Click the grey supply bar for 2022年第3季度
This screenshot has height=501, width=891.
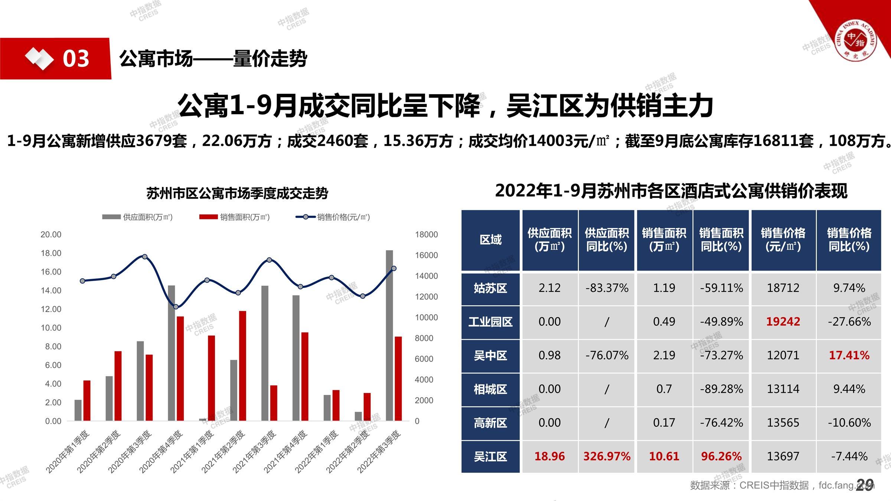pos(389,335)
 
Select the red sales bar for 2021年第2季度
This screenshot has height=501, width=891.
pos(242,366)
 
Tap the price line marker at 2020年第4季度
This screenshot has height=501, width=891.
pos(176,307)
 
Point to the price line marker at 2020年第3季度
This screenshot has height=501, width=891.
pos(145,256)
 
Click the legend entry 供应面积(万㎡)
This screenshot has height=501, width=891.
pos(137,217)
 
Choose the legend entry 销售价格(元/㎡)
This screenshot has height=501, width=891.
pos(333,217)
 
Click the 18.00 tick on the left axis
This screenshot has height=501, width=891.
pos(51,253)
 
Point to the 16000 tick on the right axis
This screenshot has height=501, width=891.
pos(426,255)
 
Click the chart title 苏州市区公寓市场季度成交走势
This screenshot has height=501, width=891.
pos(237,193)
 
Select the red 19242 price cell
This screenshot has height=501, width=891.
pos(783,321)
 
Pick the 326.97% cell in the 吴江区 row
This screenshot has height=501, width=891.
pos(607,456)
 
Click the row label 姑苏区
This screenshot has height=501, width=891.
pos(490,288)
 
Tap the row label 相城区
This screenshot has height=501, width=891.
pos(490,389)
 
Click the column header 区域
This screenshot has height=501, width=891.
pos(490,240)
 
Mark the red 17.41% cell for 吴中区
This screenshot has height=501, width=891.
pos(849,355)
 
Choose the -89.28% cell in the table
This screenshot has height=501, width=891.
pos(721,389)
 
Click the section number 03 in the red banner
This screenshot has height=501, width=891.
pos(76,59)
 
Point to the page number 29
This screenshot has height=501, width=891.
pos(865,485)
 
